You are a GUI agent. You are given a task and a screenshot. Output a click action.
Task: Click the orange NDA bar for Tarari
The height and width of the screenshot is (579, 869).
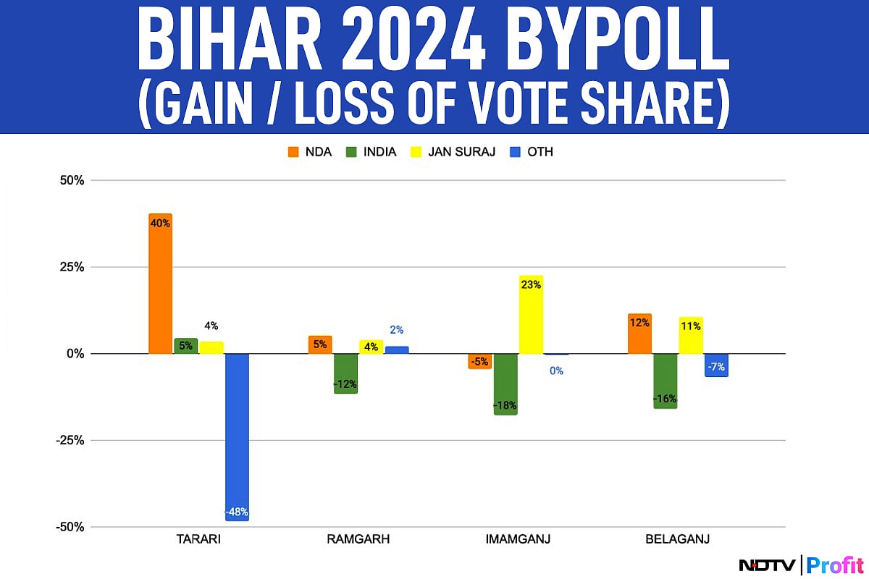(x=160, y=284)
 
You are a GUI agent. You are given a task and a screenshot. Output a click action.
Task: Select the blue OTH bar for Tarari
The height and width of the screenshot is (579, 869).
(x=237, y=436)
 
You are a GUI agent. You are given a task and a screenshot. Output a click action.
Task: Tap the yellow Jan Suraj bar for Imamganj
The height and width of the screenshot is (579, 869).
(x=531, y=315)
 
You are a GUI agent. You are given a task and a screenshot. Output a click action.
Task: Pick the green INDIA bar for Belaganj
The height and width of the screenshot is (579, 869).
(x=665, y=381)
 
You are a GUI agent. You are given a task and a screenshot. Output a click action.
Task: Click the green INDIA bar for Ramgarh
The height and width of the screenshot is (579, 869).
(x=345, y=373)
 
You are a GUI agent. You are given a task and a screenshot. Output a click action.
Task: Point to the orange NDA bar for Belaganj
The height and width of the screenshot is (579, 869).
(x=639, y=334)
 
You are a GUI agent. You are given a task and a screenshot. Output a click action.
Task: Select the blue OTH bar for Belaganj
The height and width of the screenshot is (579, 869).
(x=716, y=365)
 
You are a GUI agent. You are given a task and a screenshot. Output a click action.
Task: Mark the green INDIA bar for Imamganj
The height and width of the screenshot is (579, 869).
(x=505, y=384)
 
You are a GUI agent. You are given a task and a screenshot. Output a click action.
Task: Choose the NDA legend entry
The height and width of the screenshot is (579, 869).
(x=311, y=152)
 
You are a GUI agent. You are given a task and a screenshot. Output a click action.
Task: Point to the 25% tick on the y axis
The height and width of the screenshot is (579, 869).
(x=71, y=267)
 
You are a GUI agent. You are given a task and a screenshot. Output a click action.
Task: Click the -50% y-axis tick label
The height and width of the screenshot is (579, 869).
(x=69, y=527)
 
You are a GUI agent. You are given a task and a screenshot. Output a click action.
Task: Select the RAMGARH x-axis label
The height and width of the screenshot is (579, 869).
(x=358, y=539)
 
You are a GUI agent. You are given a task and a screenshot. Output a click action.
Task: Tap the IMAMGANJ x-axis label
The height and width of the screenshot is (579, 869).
(x=518, y=539)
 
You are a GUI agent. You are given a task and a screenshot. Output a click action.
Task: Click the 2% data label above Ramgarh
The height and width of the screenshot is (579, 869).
(x=397, y=330)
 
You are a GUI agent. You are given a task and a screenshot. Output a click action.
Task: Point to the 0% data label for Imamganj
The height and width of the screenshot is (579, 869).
(x=556, y=371)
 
